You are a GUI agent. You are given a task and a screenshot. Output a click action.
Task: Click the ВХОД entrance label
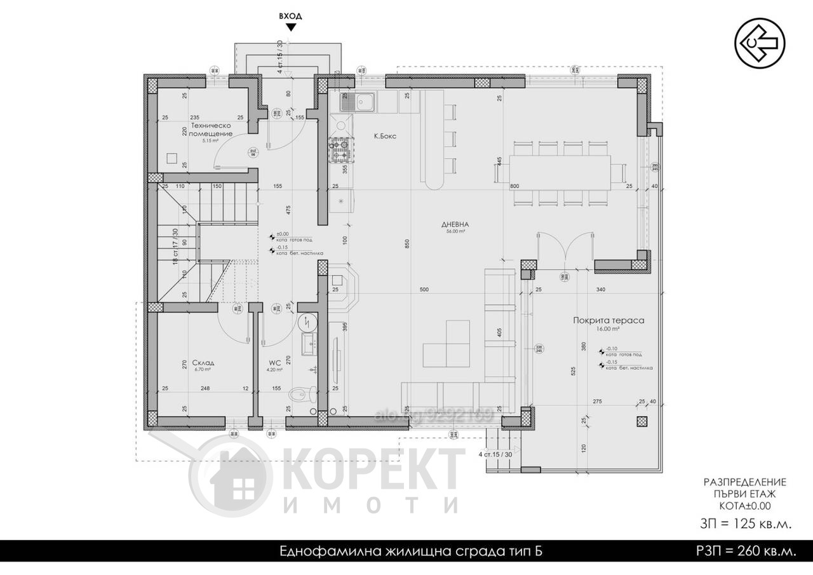pyautogui.click(x=291, y=16)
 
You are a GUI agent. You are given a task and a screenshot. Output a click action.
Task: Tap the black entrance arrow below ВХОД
pyautogui.click(x=291, y=27)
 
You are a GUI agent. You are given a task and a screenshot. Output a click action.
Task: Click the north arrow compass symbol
pyautogui.click(x=760, y=43)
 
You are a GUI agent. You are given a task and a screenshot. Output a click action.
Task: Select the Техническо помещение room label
pyautogui.click(x=210, y=130)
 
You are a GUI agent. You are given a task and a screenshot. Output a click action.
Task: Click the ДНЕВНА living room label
pyautogui.click(x=455, y=224)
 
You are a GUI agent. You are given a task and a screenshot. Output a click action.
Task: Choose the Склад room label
pyautogui.click(x=204, y=363)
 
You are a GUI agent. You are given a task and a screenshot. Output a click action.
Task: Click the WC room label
pyautogui.click(x=274, y=363)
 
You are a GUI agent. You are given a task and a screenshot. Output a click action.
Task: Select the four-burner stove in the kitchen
pyautogui.click(x=339, y=151)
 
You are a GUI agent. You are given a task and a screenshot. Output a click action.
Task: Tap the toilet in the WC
pyautogui.click(x=301, y=395)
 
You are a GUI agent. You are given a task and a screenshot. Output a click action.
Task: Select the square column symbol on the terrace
pyautogui.click(x=641, y=421)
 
